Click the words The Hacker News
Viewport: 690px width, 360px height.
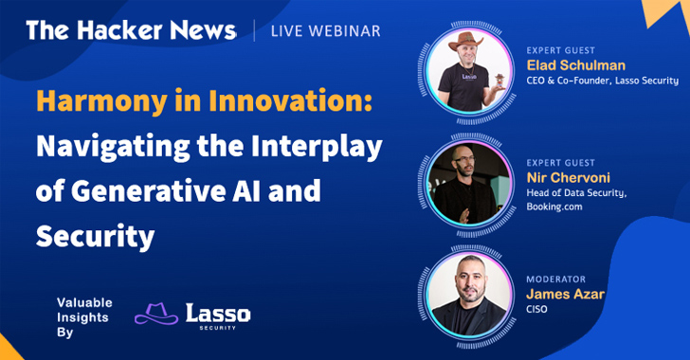click(132, 30)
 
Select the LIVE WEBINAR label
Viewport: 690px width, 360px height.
click(326, 31)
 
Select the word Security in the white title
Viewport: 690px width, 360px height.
click(95, 235)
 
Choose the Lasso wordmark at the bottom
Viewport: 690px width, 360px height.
click(218, 312)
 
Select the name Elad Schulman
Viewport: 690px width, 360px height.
click(574, 64)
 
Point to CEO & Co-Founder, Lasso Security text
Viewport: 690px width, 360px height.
click(602, 81)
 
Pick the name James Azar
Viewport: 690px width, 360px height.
click(566, 296)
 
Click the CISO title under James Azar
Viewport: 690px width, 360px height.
click(537, 311)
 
